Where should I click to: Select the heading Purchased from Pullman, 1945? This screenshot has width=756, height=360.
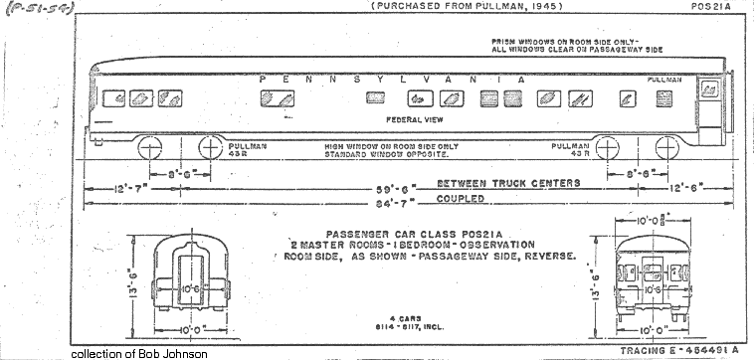pos(466,7)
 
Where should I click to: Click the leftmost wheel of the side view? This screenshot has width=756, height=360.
pos(151,147)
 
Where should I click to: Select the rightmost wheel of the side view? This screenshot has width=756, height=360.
pos(667,147)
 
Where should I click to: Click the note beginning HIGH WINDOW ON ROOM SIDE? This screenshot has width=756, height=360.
pos(390,146)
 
